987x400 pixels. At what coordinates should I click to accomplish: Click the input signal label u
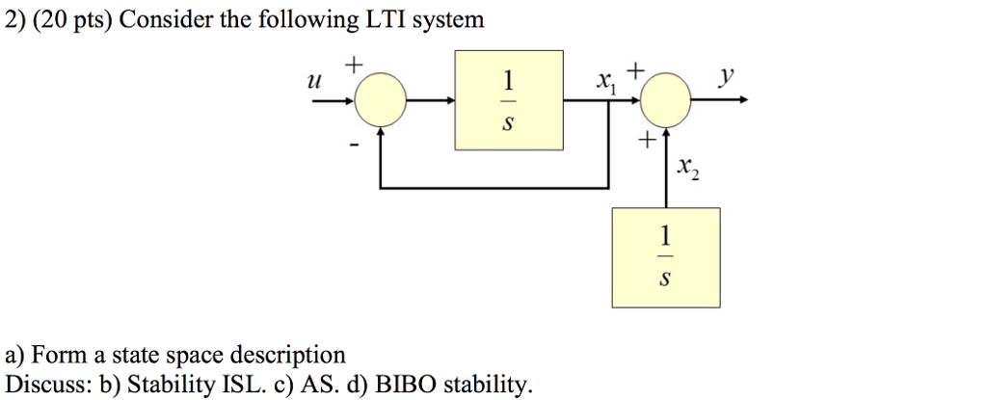click(x=311, y=85)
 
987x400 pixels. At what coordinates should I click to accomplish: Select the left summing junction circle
click(x=382, y=99)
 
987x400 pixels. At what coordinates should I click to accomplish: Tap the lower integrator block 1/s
click(x=664, y=255)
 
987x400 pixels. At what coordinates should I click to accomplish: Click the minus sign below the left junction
click(x=354, y=146)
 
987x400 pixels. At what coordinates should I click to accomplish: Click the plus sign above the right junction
click(x=634, y=68)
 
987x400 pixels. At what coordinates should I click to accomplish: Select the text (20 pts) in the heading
click(x=68, y=19)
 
